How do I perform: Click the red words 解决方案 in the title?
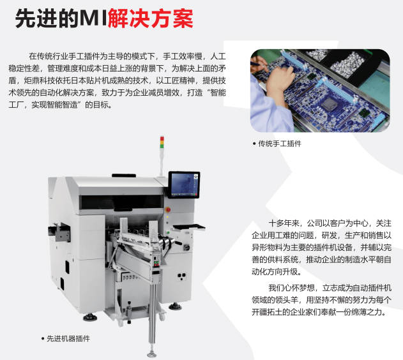click(151, 19)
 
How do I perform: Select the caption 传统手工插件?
click(279, 144)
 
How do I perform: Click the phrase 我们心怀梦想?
click(291, 288)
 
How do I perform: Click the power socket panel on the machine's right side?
click(184, 277)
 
